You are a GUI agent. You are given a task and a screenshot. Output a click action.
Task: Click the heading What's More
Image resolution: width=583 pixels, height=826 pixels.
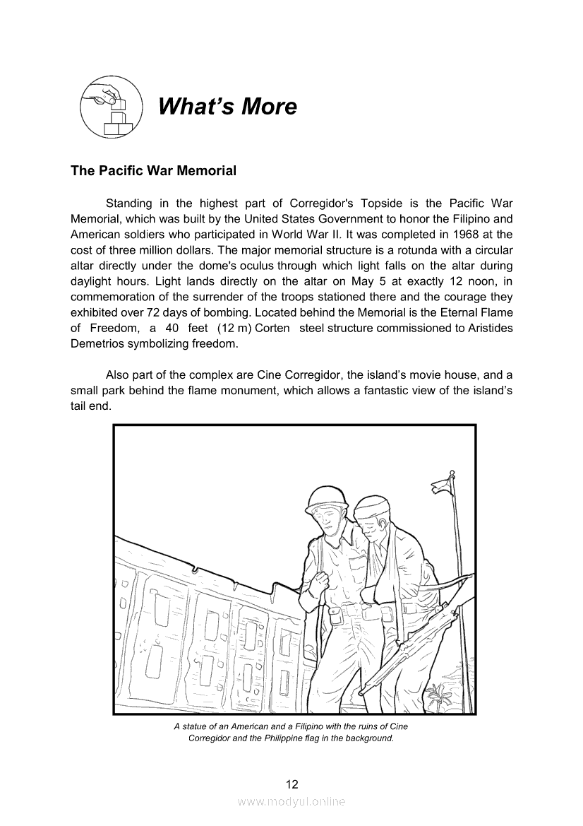click(227, 107)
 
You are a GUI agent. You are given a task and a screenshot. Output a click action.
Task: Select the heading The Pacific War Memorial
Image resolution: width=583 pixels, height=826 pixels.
click(153, 171)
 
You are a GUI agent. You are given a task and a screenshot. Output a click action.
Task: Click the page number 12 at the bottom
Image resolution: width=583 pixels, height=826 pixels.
click(291, 784)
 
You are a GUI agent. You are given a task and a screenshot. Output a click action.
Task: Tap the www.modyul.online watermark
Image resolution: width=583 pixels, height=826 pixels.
click(291, 802)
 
